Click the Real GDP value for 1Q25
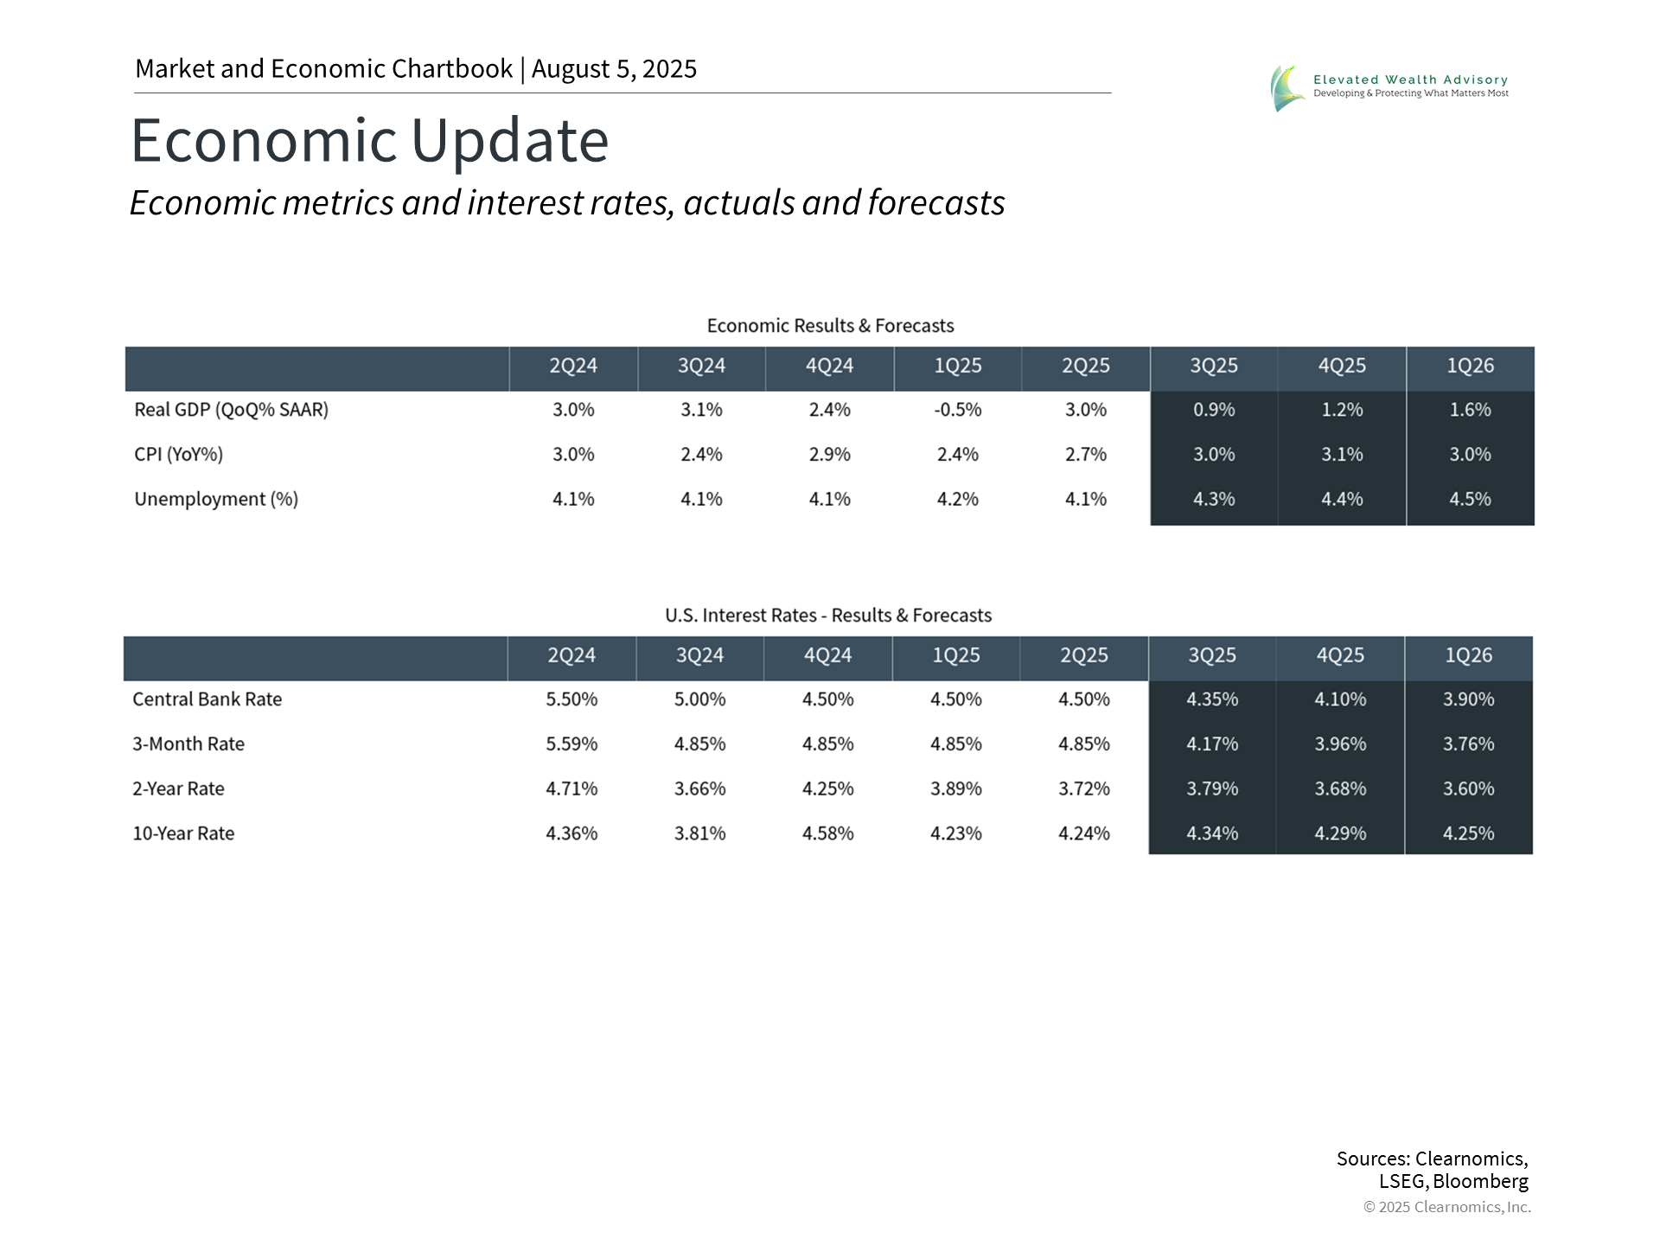(957, 410)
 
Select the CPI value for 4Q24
(829, 455)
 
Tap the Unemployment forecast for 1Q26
(1470, 500)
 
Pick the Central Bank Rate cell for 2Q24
(571, 699)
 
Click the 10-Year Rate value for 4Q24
(827, 833)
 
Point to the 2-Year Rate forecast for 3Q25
(1212, 788)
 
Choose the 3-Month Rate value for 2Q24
(571, 744)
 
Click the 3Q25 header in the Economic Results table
(1213, 366)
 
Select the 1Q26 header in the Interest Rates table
(1468, 655)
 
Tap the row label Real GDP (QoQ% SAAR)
(231, 410)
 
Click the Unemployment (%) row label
(216, 500)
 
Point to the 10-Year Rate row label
(183, 833)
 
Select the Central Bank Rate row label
(207, 699)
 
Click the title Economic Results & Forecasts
(830, 326)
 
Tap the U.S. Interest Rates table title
(827, 616)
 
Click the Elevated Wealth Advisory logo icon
(1286, 87)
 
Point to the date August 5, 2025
(614, 69)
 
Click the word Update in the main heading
(509, 140)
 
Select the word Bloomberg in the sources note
(1480, 1181)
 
